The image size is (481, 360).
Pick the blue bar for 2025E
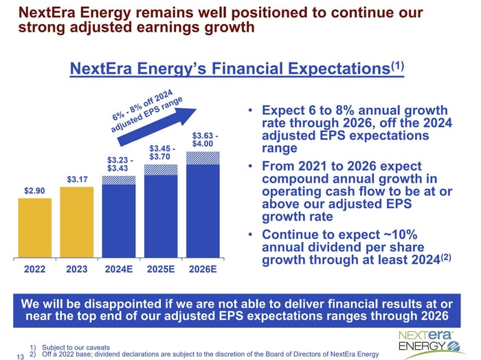161,214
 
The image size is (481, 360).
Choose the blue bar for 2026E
203,210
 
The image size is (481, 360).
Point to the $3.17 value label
77,179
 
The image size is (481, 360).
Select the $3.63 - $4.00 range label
205,139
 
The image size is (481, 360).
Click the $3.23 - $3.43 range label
118,164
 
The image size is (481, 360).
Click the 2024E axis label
119,269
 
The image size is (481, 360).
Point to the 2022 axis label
35,269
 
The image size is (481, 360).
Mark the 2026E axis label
203,269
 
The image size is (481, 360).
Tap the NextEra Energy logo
425,339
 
